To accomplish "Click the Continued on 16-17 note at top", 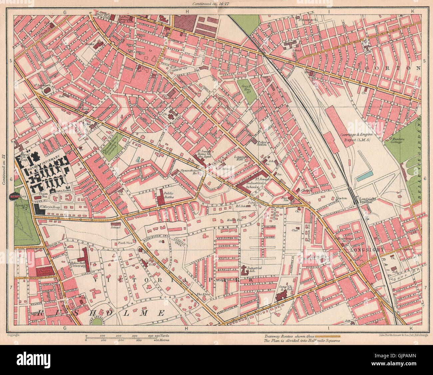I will tap(213, 4).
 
